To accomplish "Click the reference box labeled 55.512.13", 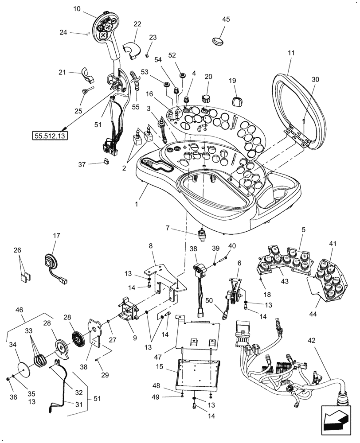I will [49, 136].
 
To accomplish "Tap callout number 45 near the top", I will [226, 19].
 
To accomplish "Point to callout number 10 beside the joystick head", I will [78, 9].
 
